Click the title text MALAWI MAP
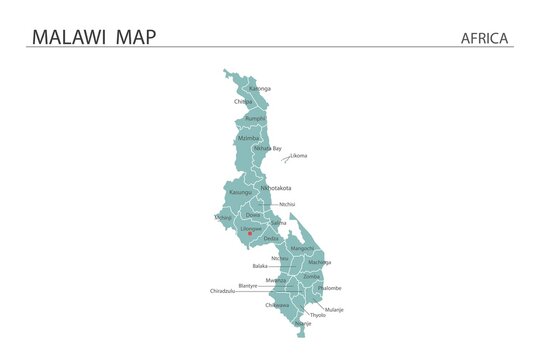tap(94, 37)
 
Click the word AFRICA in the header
tap(485, 38)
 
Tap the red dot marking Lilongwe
tap(250, 234)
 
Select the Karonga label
tap(260, 89)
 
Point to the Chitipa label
tap(243, 101)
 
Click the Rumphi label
tap(256, 119)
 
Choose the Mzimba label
tap(249, 137)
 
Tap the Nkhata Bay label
tap(268, 148)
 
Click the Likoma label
tap(299, 156)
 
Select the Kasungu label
tap(241, 192)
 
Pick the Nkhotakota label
tap(275, 187)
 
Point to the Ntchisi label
tap(288, 204)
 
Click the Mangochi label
tap(303, 247)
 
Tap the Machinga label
tap(320, 262)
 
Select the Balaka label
tap(260, 266)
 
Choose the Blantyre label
tap(248, 285)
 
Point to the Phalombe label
tap(329, 288)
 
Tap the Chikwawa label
tap(277, 305)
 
